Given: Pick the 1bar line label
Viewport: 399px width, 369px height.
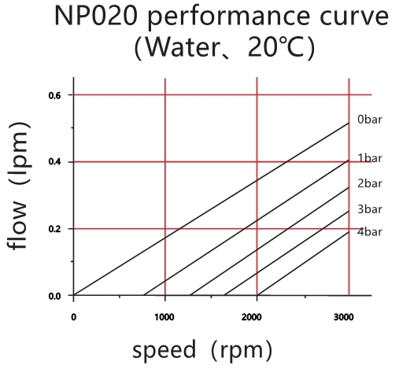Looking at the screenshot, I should coord(369,158).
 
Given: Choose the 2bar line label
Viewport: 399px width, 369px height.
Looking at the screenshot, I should coord(369,183).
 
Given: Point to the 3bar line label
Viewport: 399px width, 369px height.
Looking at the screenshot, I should coord(369,208).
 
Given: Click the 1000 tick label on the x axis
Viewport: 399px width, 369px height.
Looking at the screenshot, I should coord(164,317).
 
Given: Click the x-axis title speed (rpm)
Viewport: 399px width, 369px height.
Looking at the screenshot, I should coord(202,349).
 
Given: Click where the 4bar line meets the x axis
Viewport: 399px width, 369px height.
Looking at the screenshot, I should coord(257,296).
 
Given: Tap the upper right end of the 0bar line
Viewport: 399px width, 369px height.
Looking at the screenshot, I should coord(348,124).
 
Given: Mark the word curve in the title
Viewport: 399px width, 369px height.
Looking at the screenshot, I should coord(348,17).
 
